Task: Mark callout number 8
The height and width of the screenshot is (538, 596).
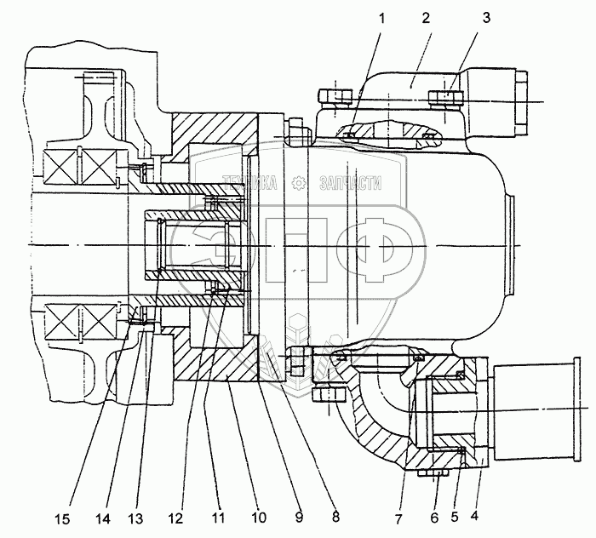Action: tap(335, 516)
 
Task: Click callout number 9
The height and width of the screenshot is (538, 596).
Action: tap(298, 516)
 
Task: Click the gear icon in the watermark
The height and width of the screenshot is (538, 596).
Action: tap(299, 181)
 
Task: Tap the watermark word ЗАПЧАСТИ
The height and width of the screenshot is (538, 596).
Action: tap(349, 182)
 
